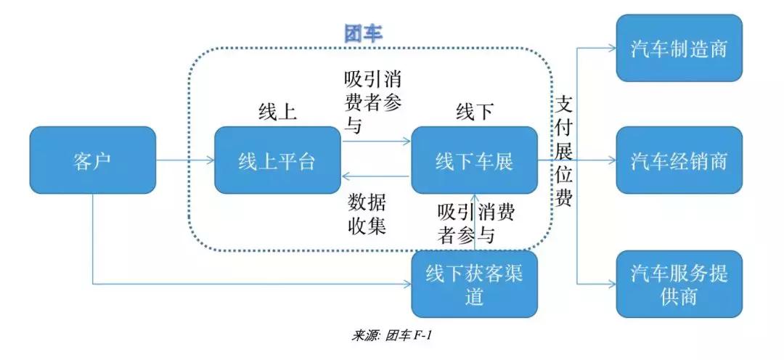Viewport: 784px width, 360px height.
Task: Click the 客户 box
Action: [x=92, y=160]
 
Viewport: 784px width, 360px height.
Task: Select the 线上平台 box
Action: [x=277, y=160]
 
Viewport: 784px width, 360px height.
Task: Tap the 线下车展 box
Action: [x=474, y=160]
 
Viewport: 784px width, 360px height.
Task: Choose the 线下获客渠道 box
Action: [x=474, y=284]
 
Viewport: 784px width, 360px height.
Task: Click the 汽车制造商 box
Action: [x=679, y=49]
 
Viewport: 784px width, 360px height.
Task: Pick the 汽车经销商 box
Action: [x=679, y=160]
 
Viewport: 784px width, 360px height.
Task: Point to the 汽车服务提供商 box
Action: [x=679, y=284]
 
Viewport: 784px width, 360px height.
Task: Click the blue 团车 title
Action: [x=362, y=33]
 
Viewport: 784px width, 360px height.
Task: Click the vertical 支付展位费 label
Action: [x=564, y=152]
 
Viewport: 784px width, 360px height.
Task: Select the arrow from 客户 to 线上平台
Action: [x=185, y=160]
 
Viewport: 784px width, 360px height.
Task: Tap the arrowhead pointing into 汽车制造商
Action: [x=612, y=49]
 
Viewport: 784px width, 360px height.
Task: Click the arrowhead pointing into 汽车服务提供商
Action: [x=612, y=284]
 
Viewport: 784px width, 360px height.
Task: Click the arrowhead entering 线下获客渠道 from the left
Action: [x=407, y=284]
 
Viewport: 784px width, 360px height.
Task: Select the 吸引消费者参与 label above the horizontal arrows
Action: [x=372, y=101]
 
